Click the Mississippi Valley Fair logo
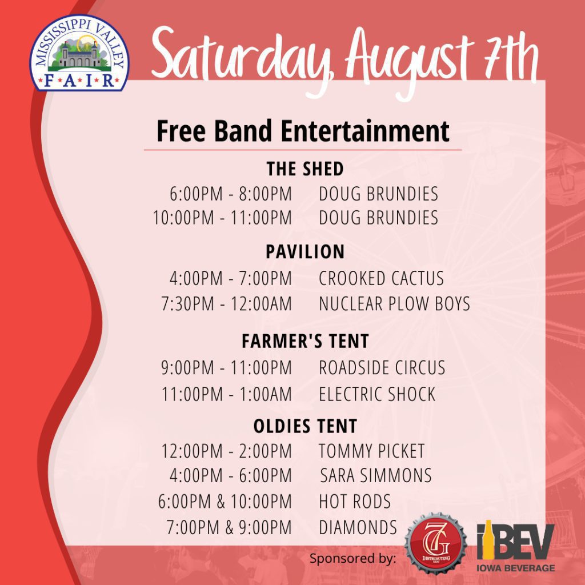click(79, 53)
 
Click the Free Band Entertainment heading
click(303, 131)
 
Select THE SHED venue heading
click(305, 169)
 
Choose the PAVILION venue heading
click(305, 252)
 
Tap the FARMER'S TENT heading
click(305, 341)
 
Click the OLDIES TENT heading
click(305, 426)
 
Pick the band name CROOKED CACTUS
click(381, 278)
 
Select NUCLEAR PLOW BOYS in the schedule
click(394, 304)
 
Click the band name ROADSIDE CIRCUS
click(382, 367)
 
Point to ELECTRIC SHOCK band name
click(377, 394)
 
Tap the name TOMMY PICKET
click(371, 451)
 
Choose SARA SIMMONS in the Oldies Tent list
click(376, 475)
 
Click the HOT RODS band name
click(355, 502)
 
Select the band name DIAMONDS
click(358, 527)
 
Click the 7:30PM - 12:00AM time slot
click(226, 304)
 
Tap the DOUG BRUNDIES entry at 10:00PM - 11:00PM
click(378, 218)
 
